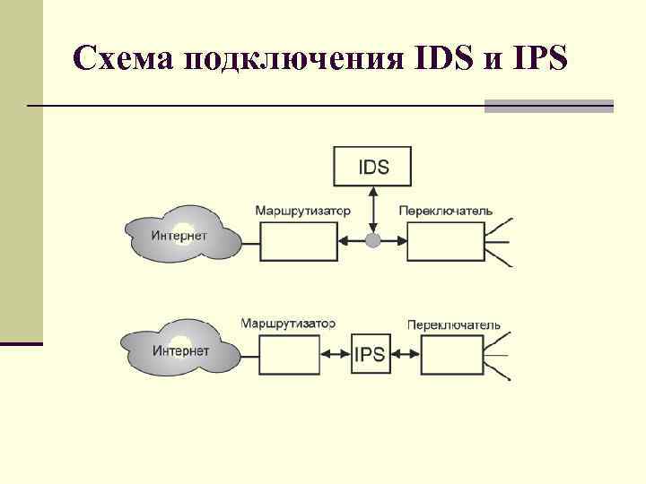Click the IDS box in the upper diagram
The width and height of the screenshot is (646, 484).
[373, 166]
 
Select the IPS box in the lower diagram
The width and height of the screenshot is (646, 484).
[370, 354]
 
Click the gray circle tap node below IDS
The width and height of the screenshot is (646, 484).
[373, 240]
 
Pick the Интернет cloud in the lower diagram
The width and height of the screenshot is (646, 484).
[180, 350]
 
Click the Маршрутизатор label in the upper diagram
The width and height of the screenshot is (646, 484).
[302, 212]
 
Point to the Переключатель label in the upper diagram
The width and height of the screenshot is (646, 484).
[445, 212]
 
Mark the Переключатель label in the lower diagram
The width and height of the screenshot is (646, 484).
[454, 324]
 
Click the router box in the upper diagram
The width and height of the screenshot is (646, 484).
[299, 240]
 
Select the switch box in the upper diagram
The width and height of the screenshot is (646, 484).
[445, 240]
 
